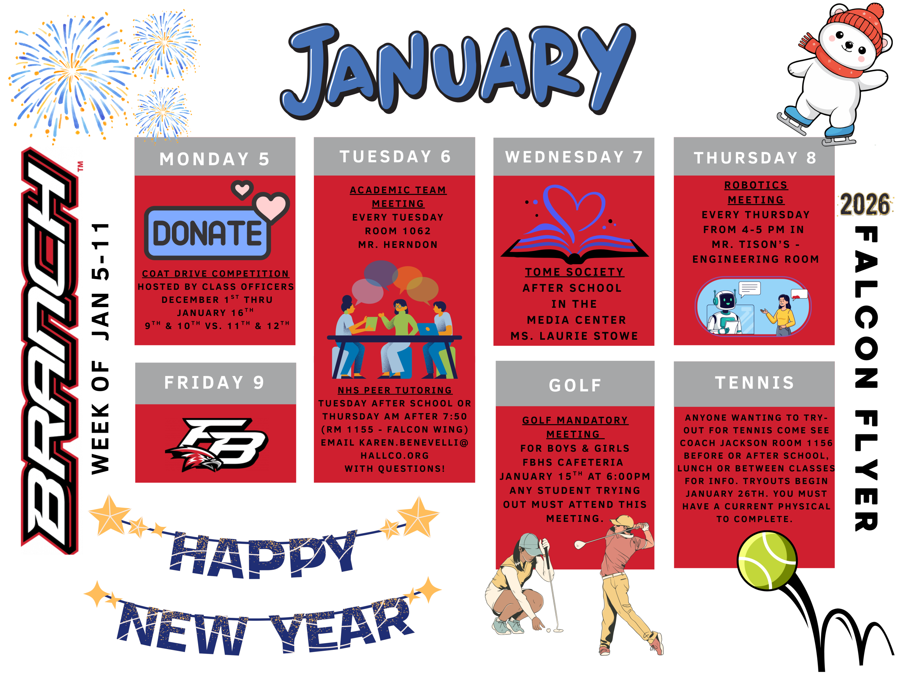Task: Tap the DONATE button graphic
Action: [207, 233]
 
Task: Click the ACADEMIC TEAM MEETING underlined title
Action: [398, 197]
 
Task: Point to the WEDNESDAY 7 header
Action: [574, 157]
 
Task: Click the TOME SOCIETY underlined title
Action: [575, 272]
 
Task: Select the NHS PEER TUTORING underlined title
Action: [395, 390]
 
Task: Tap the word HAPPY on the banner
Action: [263, 554]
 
